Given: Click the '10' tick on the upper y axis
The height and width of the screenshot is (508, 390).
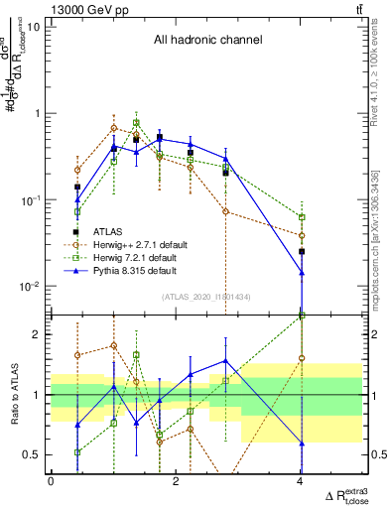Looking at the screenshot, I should click(33, 27).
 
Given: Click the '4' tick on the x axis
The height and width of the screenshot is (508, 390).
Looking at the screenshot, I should click(301, 481).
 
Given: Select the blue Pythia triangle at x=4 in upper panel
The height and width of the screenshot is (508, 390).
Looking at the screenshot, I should click(302, 273).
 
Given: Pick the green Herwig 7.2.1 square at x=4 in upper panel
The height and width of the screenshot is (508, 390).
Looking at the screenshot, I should click(302, 216).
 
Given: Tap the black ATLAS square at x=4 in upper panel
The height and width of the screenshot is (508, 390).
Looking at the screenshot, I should click(302, 252).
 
